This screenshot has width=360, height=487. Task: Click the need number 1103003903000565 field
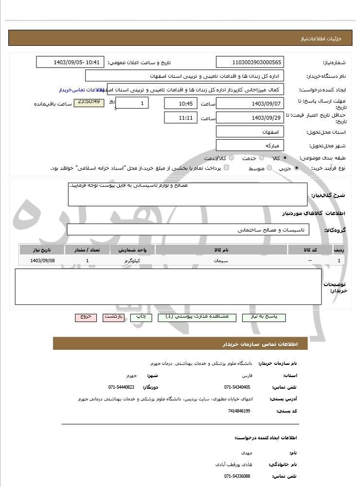click(249, 62)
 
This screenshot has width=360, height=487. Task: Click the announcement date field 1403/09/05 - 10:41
click(70, 62)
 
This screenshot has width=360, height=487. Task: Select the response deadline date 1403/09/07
click(249, 104)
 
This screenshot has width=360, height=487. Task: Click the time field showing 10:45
click(180, 104)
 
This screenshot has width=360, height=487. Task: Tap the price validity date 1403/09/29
click(249, 118)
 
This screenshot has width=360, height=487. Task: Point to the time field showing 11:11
click(180, 118)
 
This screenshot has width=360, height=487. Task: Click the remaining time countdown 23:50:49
click(89, 102)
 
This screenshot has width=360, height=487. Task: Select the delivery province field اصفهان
click(249, 132)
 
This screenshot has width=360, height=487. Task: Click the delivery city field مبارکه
click(249, 145)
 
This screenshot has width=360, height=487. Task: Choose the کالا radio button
click(285, 158)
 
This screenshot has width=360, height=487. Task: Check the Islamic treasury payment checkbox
click(226, 168)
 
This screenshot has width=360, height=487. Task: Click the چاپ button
click(141, 317)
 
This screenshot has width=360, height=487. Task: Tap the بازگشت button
click(113, 317)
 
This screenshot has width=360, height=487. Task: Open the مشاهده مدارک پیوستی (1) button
click(197, 317)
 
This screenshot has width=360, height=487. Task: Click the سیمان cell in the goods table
click(221, 261)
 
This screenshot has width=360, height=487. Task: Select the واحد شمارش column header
click(132, 250)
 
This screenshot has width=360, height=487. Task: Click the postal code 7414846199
click(239, 411)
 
